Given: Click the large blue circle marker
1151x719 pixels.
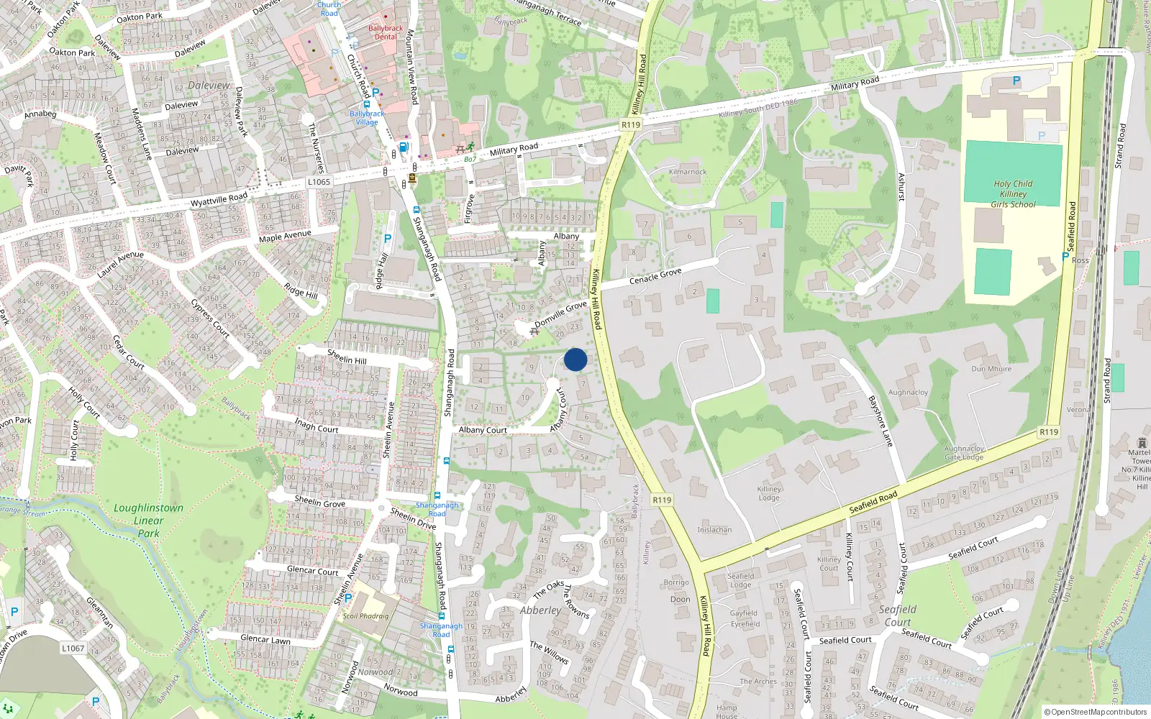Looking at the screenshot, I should (x=575, y=359).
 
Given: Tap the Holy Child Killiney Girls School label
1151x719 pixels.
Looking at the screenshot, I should (x=1013, y=194).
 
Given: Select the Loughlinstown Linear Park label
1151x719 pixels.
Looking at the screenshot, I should (x=148, y=520).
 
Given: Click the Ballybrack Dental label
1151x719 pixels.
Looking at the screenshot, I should (x=386, y=32).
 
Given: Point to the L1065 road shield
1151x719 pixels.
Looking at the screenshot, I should (x=319, y=182).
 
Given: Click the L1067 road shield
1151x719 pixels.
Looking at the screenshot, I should (x=73, y=648).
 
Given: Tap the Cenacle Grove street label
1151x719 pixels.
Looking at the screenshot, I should (x=655, y=275).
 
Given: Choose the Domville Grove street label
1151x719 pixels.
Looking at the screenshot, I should (x=560, y=313).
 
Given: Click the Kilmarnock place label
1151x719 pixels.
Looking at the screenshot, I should (x=688, y=172).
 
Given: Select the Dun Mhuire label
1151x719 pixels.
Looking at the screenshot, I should (x=991, y=369).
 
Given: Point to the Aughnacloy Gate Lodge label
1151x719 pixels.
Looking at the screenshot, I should (x=964, y=453).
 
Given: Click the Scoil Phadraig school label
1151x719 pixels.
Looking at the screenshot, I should (x=365, y=616).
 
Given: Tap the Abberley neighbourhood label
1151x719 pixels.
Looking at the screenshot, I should (x=540, y=610).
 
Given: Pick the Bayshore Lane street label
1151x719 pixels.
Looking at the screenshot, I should (x=881, y=421).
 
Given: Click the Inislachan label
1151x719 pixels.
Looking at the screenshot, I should (x=714, y=530).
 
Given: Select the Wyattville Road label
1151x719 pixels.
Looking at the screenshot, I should (x=219, y=198).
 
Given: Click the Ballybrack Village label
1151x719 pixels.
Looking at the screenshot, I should (x=367, y=118).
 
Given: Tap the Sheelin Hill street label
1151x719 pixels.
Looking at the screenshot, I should (x=347, y=356).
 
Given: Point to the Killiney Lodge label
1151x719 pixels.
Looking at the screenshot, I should (x=769, y=493).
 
